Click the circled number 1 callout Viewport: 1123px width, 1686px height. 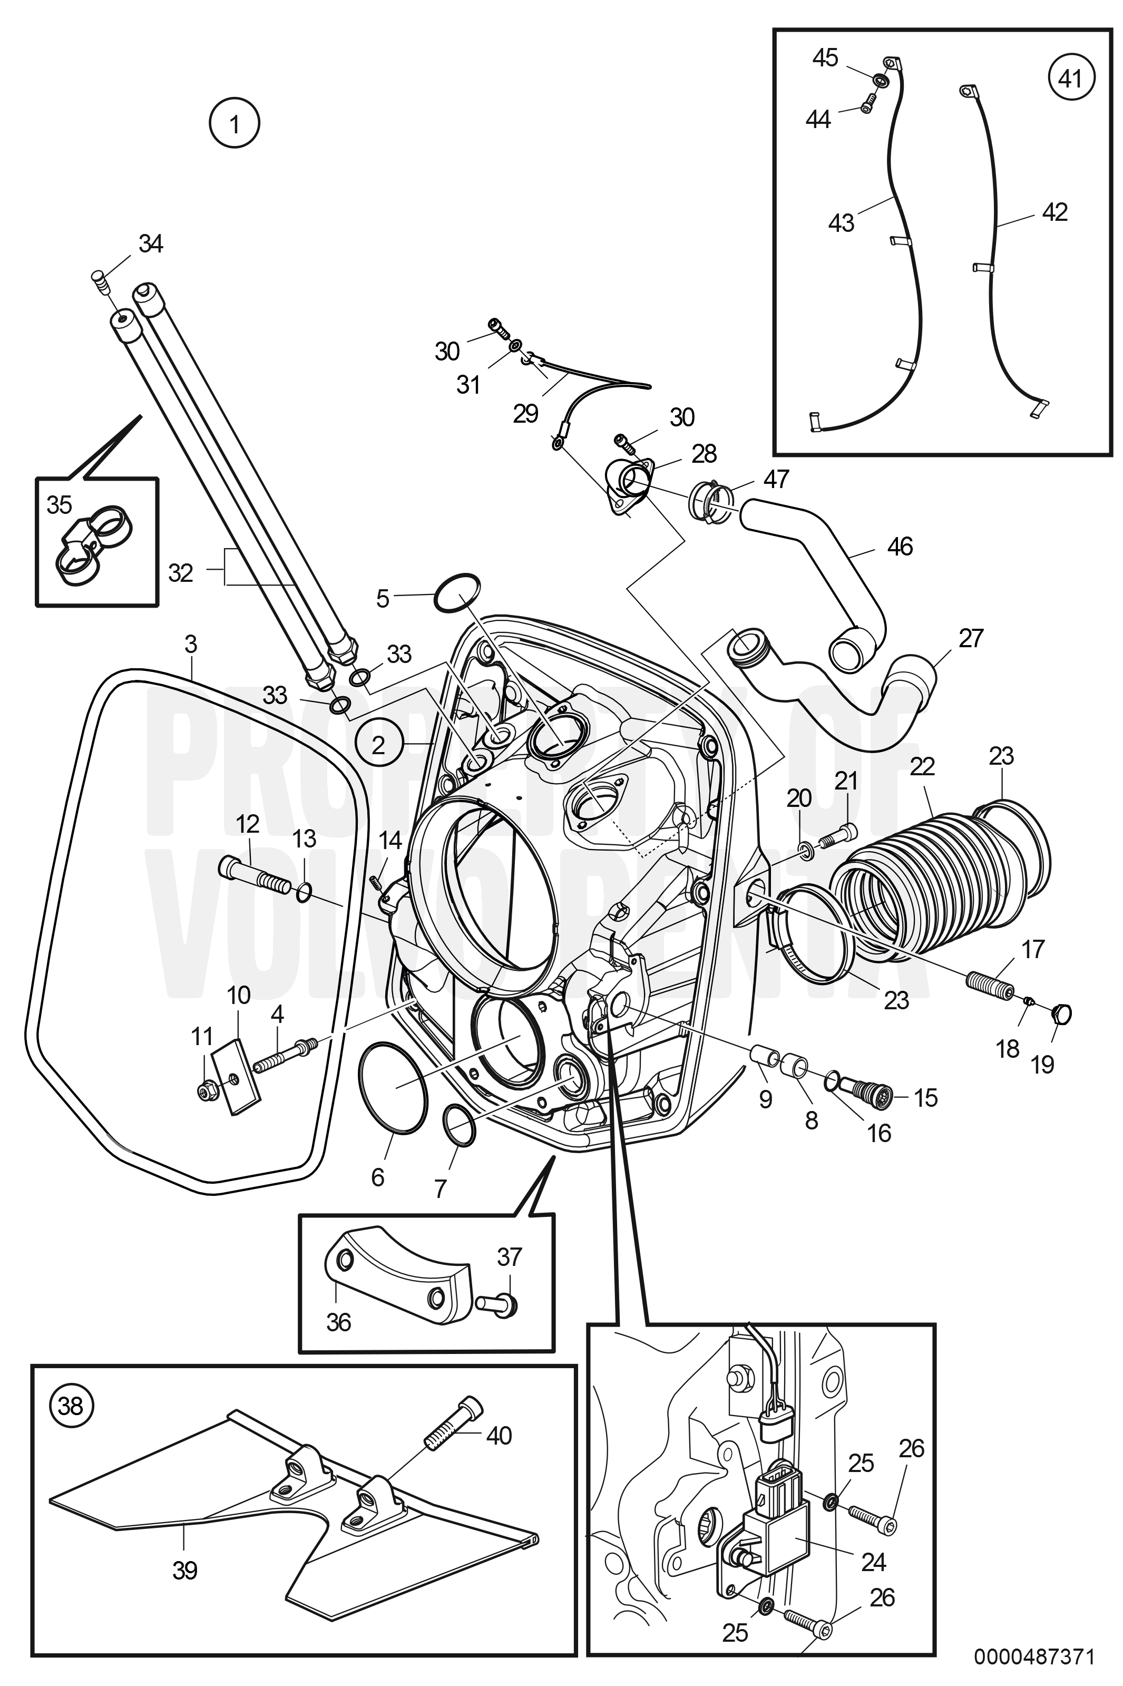234,124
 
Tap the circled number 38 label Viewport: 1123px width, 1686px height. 71,1406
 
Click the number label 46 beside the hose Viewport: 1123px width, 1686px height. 900,547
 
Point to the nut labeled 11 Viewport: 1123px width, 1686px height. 207,1089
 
